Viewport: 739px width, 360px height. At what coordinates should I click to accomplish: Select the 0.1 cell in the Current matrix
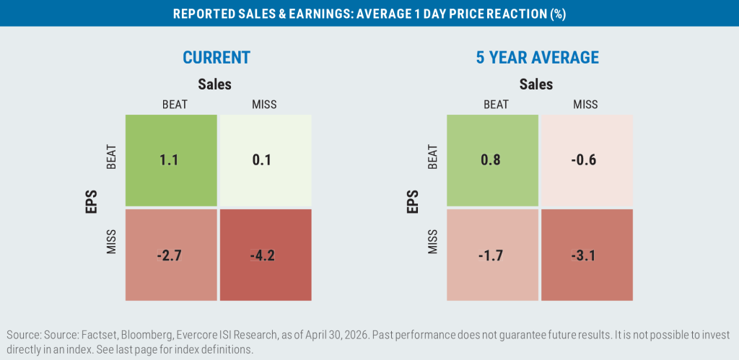coord(266,160)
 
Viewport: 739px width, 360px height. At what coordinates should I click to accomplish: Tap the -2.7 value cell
coord(171,255)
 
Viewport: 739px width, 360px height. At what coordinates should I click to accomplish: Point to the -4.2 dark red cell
coord(266,255)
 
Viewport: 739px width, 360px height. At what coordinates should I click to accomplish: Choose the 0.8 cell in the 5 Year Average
coord(492,160)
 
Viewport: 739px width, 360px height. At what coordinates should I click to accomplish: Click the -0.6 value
coord(587,160)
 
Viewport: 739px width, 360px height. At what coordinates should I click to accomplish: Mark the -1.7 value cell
coord(492,255)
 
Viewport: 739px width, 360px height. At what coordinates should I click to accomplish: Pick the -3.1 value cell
coord(587,255)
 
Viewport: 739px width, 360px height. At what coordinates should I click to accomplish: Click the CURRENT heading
coord(217,58)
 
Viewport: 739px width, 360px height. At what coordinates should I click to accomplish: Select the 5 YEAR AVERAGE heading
coord(536,58)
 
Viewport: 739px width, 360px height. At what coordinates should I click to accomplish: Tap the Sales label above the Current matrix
coord(214,84)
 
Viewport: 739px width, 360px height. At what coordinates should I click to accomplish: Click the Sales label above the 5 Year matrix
coord(536,84)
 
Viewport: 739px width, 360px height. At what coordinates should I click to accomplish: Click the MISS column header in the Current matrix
coord(264,104)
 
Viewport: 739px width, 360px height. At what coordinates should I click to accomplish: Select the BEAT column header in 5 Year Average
coord(497,104)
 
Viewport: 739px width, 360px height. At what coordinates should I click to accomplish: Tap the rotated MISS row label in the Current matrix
coord(111,242)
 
